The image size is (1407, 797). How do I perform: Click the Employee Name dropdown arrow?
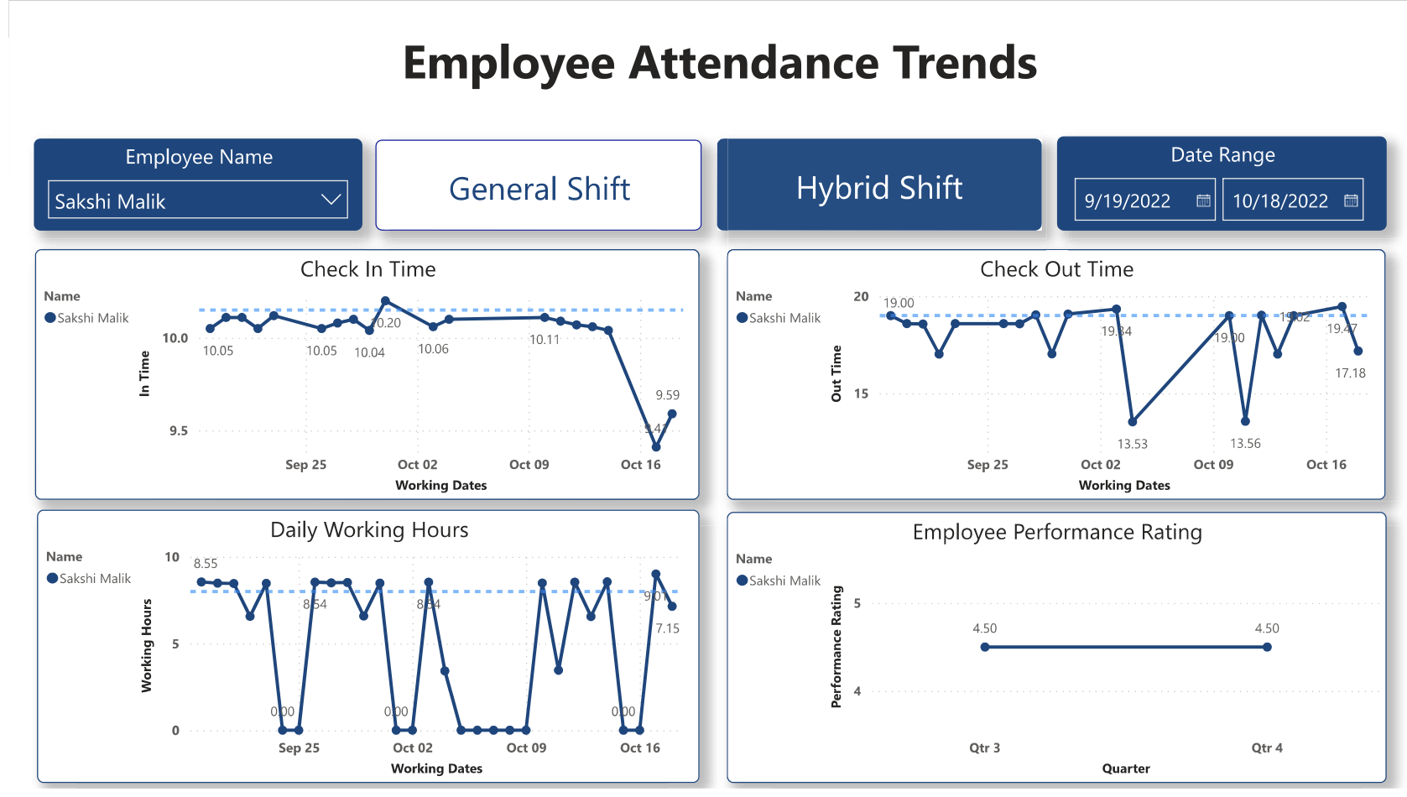331,200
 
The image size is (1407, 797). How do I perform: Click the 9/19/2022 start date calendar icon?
1202,201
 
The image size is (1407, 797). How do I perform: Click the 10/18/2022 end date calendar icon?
1351,201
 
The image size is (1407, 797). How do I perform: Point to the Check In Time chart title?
367,269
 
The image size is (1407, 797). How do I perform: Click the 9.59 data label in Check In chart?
667,395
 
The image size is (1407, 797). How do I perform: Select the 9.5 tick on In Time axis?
179,431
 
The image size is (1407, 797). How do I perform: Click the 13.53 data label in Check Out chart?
1132,444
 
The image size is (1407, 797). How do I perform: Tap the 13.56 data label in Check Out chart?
1245,444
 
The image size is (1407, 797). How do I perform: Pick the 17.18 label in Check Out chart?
1350,373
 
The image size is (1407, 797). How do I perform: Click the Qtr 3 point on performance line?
985,647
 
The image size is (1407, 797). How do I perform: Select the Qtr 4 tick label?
1266,748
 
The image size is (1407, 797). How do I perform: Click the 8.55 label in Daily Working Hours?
206,564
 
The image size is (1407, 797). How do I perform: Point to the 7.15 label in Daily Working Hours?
667,628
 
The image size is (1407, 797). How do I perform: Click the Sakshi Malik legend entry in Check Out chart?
784,318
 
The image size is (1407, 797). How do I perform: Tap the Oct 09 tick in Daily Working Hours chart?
526,748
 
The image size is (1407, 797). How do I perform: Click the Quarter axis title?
1125,768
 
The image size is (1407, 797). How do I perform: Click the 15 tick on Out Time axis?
861,393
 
